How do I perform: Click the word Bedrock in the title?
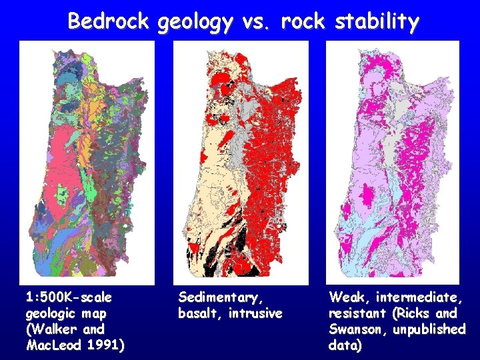110,21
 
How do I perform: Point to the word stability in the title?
377,23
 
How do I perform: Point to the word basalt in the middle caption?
198,313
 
